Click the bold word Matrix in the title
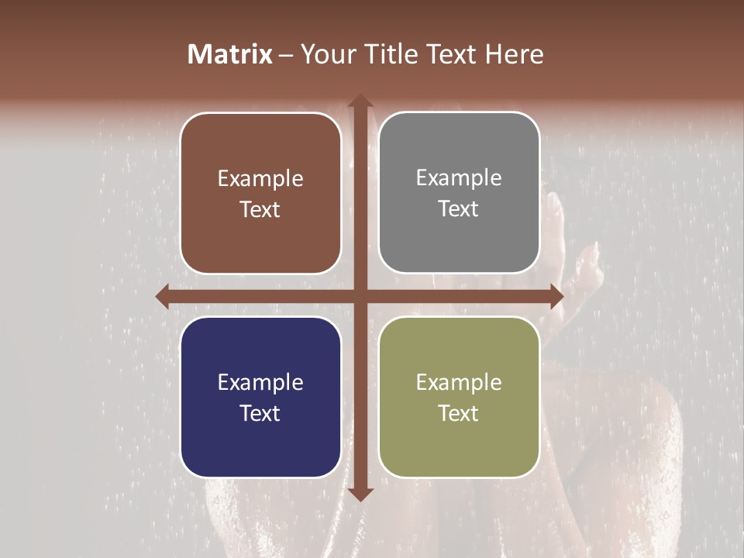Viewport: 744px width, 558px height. [x=230, y=54]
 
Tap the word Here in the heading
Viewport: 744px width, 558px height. [x=514, y=54]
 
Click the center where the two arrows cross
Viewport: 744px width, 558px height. [x=360, y=296]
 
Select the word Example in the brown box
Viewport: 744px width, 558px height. [x=260, y=179]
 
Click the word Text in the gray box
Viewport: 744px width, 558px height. [x=459, y=209]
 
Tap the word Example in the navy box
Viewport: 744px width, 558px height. [x=260, y=382]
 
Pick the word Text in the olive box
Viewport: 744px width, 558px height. [x=459, y=413]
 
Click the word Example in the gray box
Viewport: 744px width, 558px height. [x=459, y=178]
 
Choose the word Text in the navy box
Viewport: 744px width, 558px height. [x=260, y=413]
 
